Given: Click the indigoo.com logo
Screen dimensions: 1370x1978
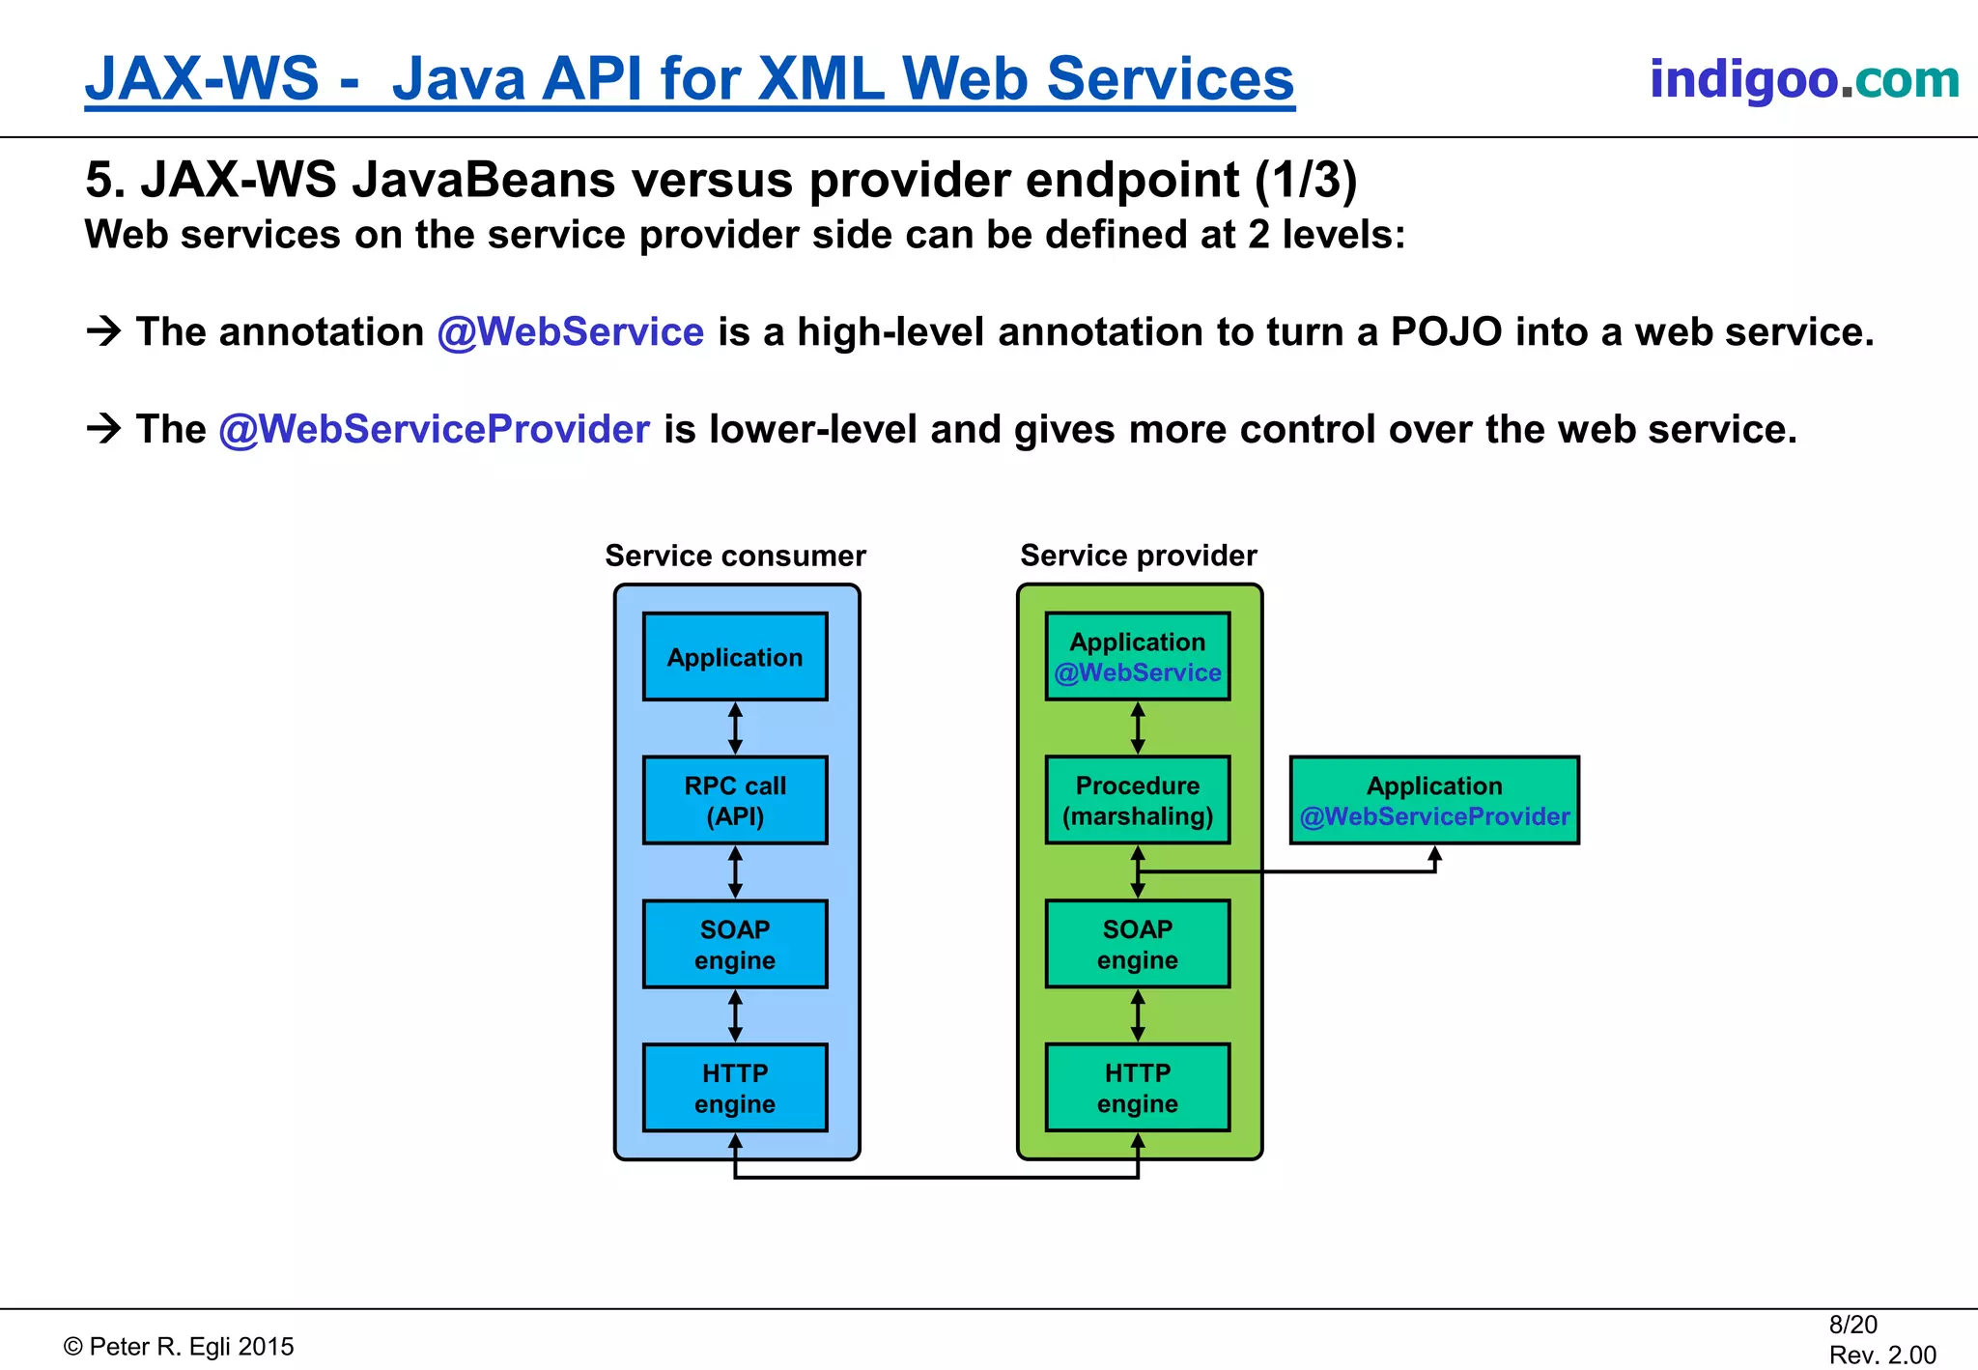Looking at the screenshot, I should click(x=1803, y=79).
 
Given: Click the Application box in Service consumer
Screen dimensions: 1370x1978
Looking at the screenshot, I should click(x=735, y=657).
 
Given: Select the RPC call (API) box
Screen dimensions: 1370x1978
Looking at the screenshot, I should click(x=735, y=800).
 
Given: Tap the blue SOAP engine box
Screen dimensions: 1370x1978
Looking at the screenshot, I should click(x=735, y=944).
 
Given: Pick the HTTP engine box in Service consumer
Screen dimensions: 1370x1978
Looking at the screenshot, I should click(x=735, y=1088).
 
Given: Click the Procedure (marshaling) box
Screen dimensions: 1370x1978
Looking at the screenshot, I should click(x=1138, y=800).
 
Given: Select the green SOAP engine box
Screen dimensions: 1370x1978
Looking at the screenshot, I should click(x=1138, y=944).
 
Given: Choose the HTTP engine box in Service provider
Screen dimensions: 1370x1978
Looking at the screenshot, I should click(x=1138, y=1088).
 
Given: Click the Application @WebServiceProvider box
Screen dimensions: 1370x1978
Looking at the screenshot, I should click(x=1434, y=800).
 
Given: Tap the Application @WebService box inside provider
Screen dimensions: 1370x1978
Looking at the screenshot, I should click(x=1138, y=657).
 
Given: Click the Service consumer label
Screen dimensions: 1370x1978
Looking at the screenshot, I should click(x=735, y=556).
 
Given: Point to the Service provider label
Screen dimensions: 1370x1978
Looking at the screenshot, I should click(x=1138, y=556).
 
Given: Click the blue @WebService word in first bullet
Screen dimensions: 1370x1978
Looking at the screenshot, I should click(x=571, y=332).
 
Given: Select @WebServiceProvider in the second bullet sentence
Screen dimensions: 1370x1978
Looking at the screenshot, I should click(x=435, y=430).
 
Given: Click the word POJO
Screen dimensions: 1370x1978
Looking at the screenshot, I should click(x=1446, y=332).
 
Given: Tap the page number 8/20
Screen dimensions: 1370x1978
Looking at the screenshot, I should click(x=1852, y=1325).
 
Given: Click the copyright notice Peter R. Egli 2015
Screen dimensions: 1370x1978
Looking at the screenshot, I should click(x=180, y=1347).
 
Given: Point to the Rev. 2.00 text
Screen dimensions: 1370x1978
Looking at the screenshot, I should click(x=1881, y=1355).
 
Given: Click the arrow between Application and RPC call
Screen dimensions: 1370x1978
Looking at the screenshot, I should click(x=735, y=728).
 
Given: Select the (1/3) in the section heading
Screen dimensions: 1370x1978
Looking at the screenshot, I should click(x=1306, y=181).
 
